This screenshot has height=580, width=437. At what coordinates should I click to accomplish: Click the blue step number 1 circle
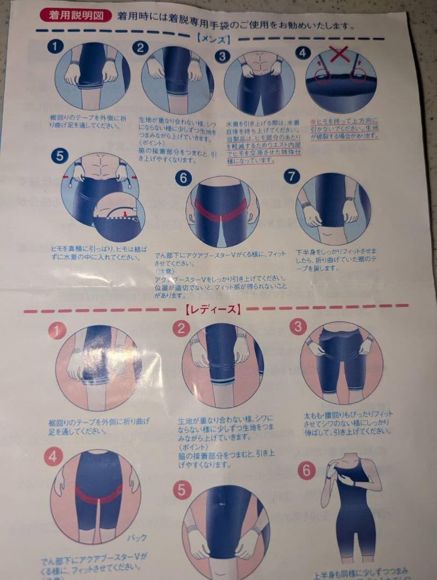pyautogui.click(x=55, y=47)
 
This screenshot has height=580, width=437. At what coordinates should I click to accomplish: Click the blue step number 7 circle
pyautogui.click(x=291, y=177)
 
